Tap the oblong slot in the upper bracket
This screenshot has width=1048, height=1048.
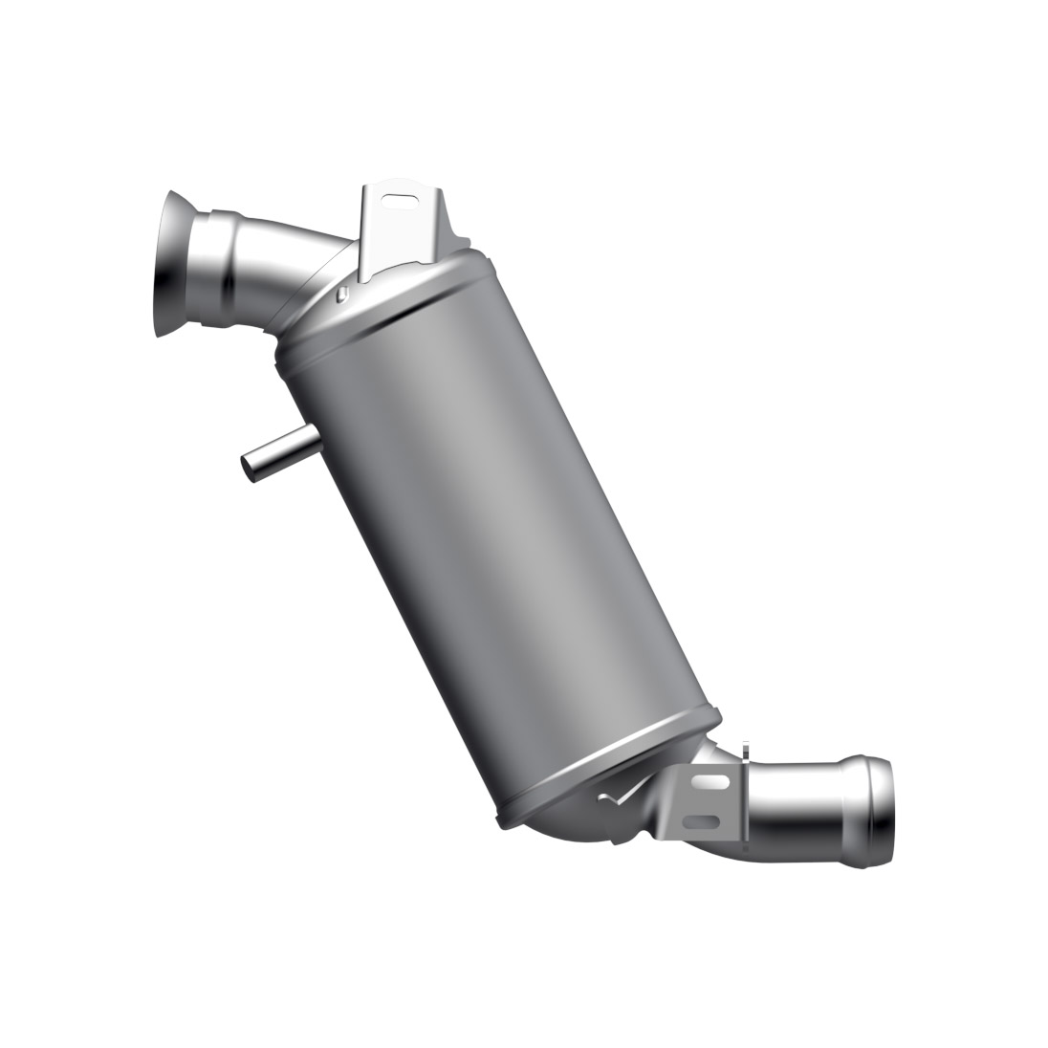pyautogui.click(x=406, y=200)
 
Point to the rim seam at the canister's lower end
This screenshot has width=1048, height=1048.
pyautogui.click(x=612, y=765)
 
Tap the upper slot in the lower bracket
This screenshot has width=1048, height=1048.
pyautogui.click(x=709, y=782)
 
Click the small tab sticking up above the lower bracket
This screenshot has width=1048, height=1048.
pyautogui.click(x=742, y=750)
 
